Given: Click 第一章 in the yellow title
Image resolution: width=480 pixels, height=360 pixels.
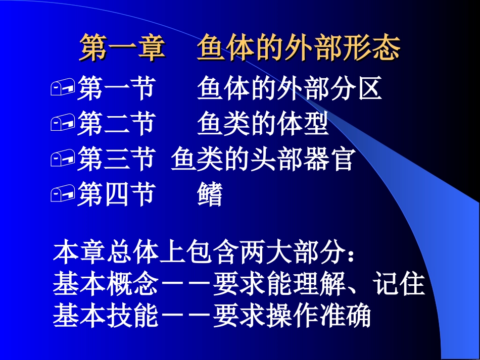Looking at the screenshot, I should pyautogui.click(x=122, y=48).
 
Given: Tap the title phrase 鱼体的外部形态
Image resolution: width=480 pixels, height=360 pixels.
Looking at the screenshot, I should pyautogui.click(x=299, y=48).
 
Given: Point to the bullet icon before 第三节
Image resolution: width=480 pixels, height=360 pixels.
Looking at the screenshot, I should pyautogui.click(x=63, y=160).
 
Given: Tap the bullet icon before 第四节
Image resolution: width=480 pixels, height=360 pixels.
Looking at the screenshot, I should pyautogui.click(x=63, y=195).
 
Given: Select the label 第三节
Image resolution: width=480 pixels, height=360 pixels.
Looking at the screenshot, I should pyautogui.click(x=115, y=160).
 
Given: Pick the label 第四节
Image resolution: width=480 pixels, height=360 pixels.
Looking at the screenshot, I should pyautogui.click(x=115, y=195).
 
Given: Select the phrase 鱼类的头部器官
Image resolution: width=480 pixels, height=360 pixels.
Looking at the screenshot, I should pyautogui.click(x=262, y=160).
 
